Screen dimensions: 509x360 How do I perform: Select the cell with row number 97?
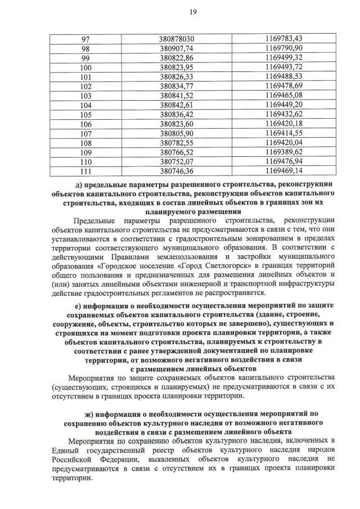point(85,39)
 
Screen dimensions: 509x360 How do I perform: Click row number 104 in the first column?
point(85,105)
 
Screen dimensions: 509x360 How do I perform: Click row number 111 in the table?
point(85,170)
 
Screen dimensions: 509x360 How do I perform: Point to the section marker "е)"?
point(71,305)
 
